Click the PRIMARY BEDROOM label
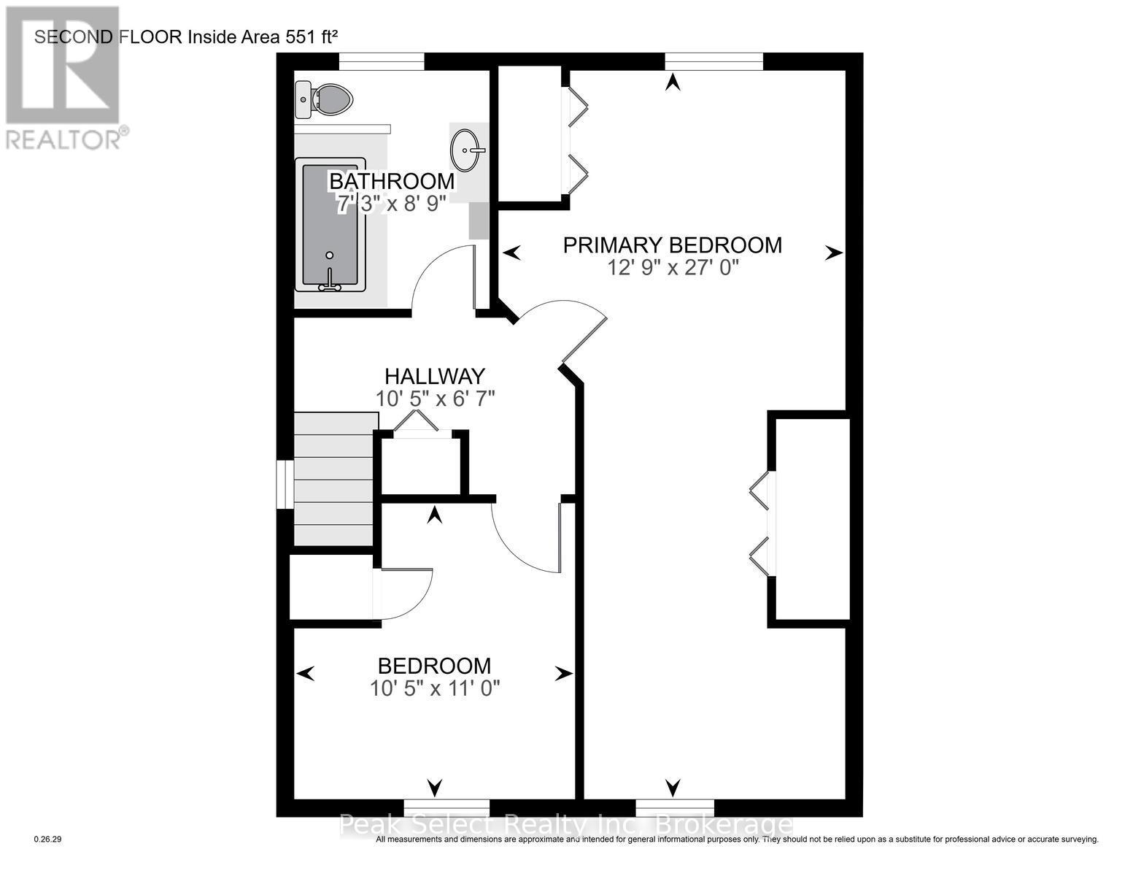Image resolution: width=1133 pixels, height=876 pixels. [672, 245]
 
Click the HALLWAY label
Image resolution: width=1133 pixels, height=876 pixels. [435, 376]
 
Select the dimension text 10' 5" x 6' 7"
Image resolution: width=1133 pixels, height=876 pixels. [436, 399]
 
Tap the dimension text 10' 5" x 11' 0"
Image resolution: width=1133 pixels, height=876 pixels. [435, 688]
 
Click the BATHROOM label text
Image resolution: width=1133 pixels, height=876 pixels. [391, 180]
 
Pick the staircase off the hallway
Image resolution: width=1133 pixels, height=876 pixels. [336, 478]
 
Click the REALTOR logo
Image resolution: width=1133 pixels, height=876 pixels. [63, 77]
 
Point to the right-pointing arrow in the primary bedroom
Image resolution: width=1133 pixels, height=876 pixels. [833, 253]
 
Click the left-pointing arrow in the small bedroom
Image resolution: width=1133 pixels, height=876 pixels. [306, 673]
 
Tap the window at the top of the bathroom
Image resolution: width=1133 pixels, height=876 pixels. [382, 62]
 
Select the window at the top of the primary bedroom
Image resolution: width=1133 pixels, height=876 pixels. [714, 62]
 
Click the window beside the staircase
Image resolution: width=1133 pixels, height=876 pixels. [285, 483]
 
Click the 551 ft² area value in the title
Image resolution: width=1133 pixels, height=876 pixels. [306, 37]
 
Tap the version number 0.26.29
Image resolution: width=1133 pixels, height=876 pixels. [49, 839]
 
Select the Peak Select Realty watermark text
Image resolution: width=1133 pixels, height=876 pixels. [566, 825]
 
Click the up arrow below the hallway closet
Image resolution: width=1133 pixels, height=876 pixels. [435, 515]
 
